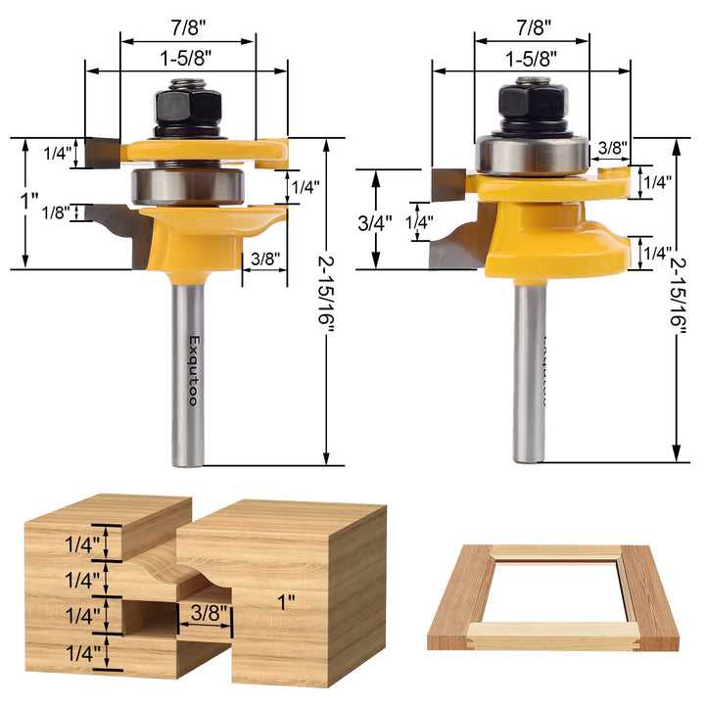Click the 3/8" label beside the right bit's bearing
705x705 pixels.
(x=612, y=148)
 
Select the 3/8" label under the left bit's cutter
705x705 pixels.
(x=264, y=259)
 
